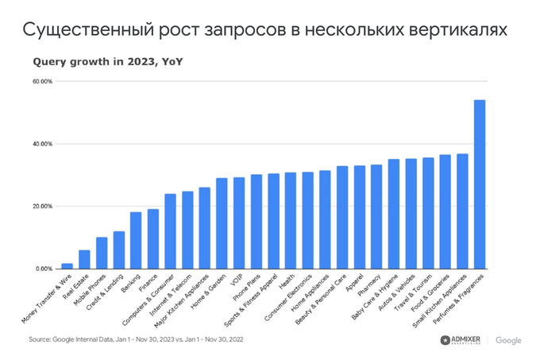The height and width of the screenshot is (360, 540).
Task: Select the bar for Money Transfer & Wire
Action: click(x=67, y=266)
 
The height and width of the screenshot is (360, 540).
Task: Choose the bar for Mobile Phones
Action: click(x=102, y=254)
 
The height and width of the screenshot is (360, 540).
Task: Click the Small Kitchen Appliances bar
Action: click(x=462, y=211)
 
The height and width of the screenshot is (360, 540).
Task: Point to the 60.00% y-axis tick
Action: click(x=42, y=82)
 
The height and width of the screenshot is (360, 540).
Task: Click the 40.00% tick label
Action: click(x=42, y=144)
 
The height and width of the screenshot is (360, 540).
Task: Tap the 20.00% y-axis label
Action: click(x=42, y=207)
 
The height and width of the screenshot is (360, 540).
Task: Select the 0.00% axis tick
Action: click(x=44, y=269)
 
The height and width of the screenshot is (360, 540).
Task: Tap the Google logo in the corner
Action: click(x=508, y=340)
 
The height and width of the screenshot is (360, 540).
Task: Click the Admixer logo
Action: click(x=465, y=340)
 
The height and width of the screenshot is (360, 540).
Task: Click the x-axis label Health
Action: click(x=287, y=283)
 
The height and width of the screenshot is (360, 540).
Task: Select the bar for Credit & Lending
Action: click(x=118, y=250)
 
